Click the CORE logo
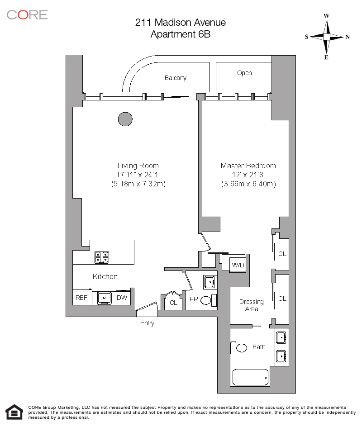[27, 14]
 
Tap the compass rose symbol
[326, 37]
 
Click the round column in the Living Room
[125, 119]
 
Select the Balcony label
[175, 78]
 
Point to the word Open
[244, 73]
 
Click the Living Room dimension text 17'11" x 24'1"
[138, 175]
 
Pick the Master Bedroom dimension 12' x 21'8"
[248, 175]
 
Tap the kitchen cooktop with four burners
[102, 257]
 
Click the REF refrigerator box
[82, 298]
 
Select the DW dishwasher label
[122, 298]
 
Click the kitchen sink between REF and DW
[105, 298]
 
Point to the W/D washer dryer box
[238, 265]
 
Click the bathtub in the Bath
[250, 377]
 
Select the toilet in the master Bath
[239, 347]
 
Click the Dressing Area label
[251, 305]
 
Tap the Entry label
[147, 323]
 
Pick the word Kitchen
[105, 276]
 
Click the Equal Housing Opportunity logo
[14, 413]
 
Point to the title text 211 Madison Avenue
[181, 22]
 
